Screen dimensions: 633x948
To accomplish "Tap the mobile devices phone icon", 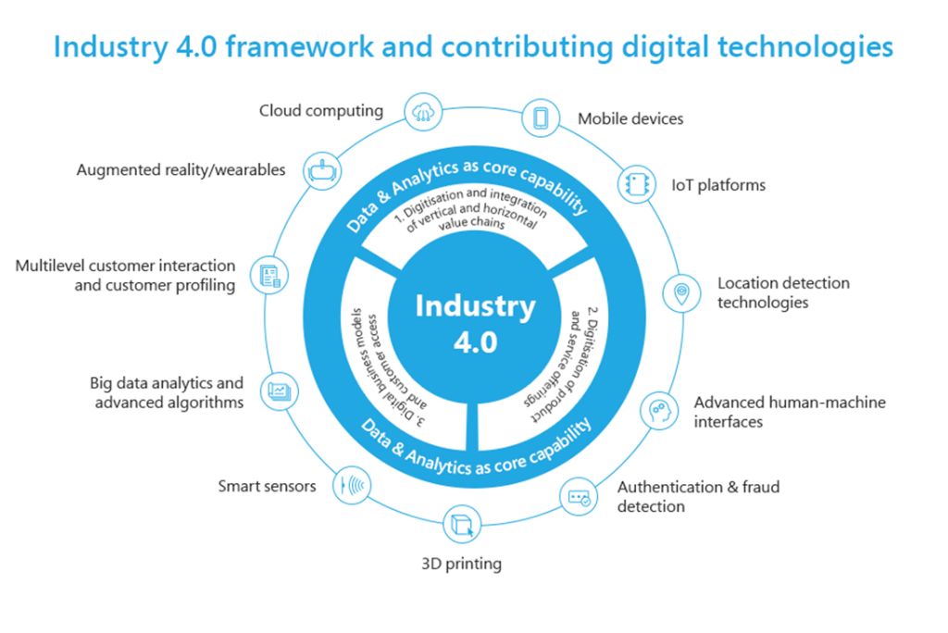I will [x=541, y=118].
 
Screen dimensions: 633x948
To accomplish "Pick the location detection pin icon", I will [x=681, y=293].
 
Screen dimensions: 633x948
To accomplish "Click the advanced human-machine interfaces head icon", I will [x=658, y=408].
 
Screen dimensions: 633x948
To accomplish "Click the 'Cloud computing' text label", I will [x=320, y=111].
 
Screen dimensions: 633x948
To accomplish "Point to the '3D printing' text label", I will [x=461, y=563].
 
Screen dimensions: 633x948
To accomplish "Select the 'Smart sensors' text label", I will [x=267, y=486].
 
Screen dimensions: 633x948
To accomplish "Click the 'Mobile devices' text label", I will [x=630, y=118].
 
